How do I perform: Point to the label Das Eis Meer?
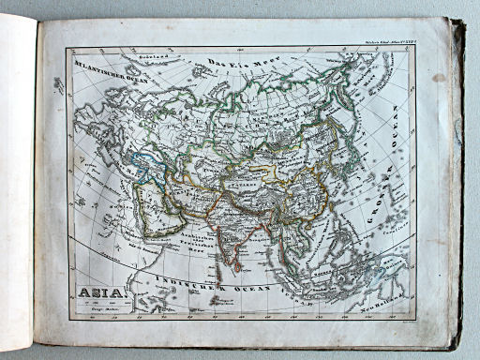tap(232, 62)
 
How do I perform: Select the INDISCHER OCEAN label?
tap(225, 285)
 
